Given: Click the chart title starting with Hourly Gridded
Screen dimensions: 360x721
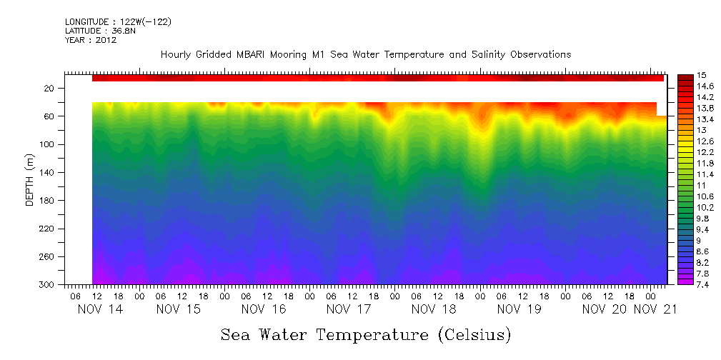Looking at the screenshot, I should click(x=365, y=54).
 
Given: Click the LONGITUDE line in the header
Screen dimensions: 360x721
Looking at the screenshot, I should click(x=118, y=21).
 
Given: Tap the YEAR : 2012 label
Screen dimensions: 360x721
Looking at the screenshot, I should click(x=90, y=40).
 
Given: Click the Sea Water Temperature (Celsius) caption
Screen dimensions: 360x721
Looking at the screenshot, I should click(x=365, y=334).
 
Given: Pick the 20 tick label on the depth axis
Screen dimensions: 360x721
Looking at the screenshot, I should click(x=49, y=89).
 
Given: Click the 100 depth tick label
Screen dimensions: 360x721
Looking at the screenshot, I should click(x=47, y=144).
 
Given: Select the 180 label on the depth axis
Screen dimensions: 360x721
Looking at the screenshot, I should click(x=47, y=201).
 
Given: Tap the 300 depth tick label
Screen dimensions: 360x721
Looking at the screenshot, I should click(x=47, y=285).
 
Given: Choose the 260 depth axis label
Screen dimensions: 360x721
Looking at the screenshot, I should click(x=47, y=257).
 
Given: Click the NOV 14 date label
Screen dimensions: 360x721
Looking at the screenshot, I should click(x=99, y=310).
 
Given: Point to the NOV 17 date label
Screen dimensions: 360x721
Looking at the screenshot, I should click(x=348, y=310).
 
